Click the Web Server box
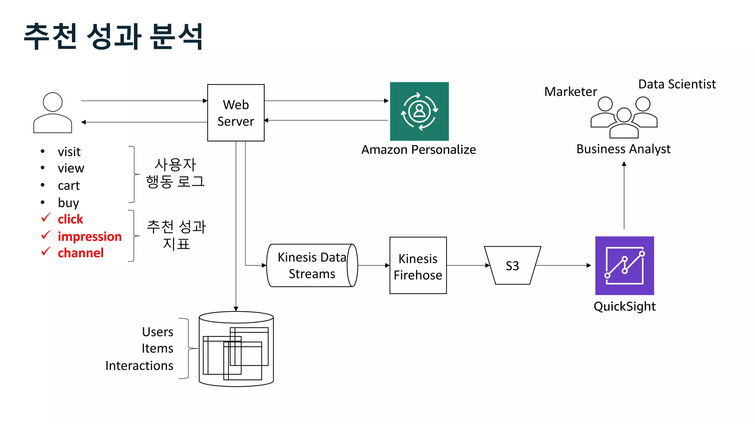pos(236,113)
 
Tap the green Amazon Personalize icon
pos(419,111)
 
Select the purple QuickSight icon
pos(624,265)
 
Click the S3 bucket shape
pos(512,265)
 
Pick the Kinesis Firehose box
pos(418,265)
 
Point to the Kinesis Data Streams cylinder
pos(312,265)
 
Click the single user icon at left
pos(53,113)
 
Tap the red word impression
pos(90,236)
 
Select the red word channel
pos(80,253)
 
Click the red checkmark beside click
pos(46,218)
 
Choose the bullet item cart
pos(69,185)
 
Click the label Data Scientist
pos(677,84)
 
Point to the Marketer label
pos(570,92)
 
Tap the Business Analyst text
pos(623,149)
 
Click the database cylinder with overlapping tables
pos(236,349)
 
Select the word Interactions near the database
pos(139,365)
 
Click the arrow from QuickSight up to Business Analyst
pos(624,195)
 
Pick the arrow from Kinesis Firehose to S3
pos(467,265)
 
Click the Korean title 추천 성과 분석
pos(114,36)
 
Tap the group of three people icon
pos(624,117)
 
